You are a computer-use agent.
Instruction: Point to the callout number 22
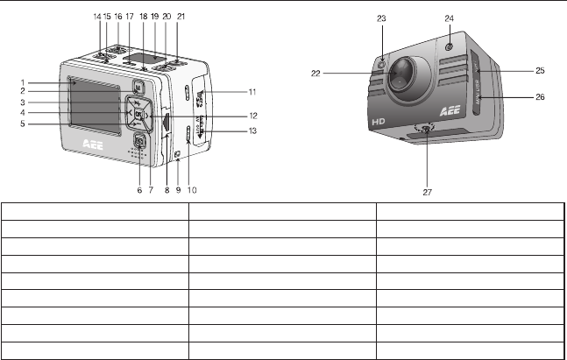pos(315,74)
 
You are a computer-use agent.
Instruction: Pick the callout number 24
pos(449,18)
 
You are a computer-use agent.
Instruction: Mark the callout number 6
pos(139,189)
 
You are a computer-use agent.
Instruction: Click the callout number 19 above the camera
pos(154,17)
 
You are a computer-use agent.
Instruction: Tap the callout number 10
pos(191,189)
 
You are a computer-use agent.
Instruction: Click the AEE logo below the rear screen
pos(93,149)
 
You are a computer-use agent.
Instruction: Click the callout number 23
pos(381,18)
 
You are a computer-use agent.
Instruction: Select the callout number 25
pos(540,69)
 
